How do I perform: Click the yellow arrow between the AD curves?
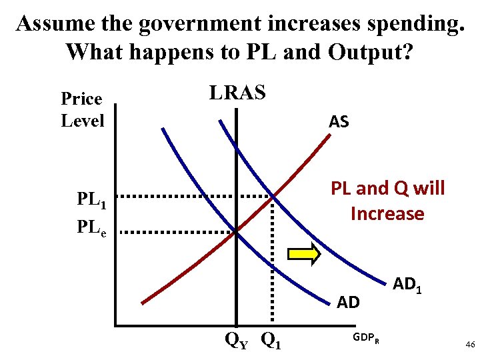click(303, 254)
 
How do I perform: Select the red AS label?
click(339, 121)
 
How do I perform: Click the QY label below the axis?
click(236, 341)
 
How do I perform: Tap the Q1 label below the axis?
click(271, 341)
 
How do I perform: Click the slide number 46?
click(469, 344)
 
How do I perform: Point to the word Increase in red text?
click(387, 214)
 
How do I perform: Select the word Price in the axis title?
click(81, 99)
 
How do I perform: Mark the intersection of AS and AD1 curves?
click(273, 196)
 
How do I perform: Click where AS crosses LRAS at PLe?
click(236, 231)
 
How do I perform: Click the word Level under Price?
click(83, 121)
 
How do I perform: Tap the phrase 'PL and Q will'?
click(387, 189)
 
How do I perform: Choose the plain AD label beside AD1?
click(348, 303)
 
